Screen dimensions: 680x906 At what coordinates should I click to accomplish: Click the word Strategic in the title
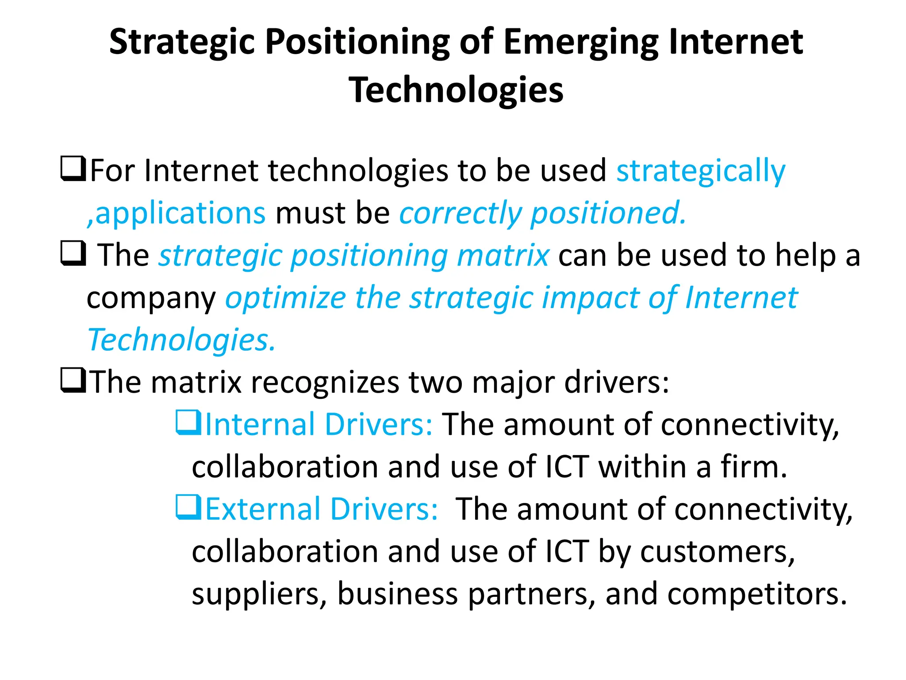[182, 42]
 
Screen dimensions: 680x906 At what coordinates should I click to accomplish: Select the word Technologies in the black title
[456, 90]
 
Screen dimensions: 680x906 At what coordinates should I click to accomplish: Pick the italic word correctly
[460, 213]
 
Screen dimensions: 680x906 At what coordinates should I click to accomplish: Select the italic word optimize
[286, 297]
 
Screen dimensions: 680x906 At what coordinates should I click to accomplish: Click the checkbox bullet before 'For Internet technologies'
[73, 169]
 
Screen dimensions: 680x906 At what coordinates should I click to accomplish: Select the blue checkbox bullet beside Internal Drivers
[189, 422]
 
